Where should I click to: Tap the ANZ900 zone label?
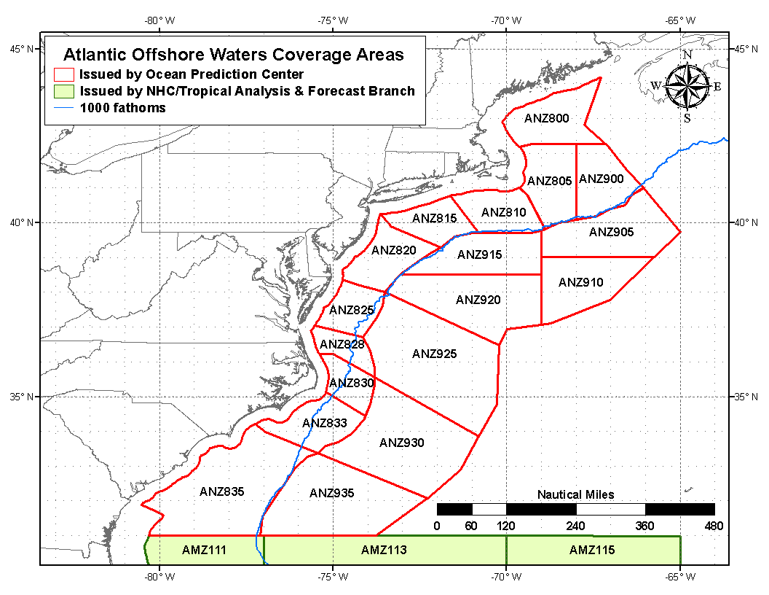(x=601, y=179)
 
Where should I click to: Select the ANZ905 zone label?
(x=611, y=232)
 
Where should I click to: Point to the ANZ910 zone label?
(x=580, y=282)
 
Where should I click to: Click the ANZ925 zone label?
(x=434, y=354)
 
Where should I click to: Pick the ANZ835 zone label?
(x=221, y=491)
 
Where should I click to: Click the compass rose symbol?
(x=687, y=86)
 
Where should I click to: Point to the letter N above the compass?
(x=687, y=55)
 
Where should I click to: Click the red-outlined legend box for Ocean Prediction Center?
(x=64, y=74)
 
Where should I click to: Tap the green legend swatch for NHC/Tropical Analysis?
(x=64, y=91)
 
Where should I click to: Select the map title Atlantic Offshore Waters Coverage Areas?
(x=233, y=55)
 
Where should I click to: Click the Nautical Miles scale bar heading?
(x=575, y=494)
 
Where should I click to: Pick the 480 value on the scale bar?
(x=714, y=526)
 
